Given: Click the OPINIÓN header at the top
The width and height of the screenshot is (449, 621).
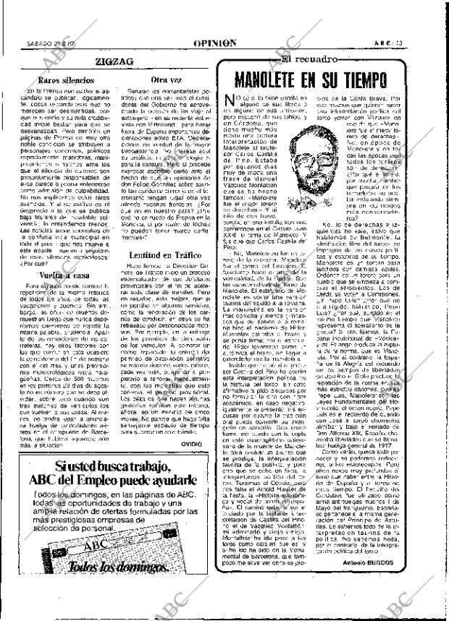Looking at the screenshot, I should (x=217, y=43).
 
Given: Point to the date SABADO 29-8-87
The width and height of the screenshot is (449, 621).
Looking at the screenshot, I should (x=45, y=43).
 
